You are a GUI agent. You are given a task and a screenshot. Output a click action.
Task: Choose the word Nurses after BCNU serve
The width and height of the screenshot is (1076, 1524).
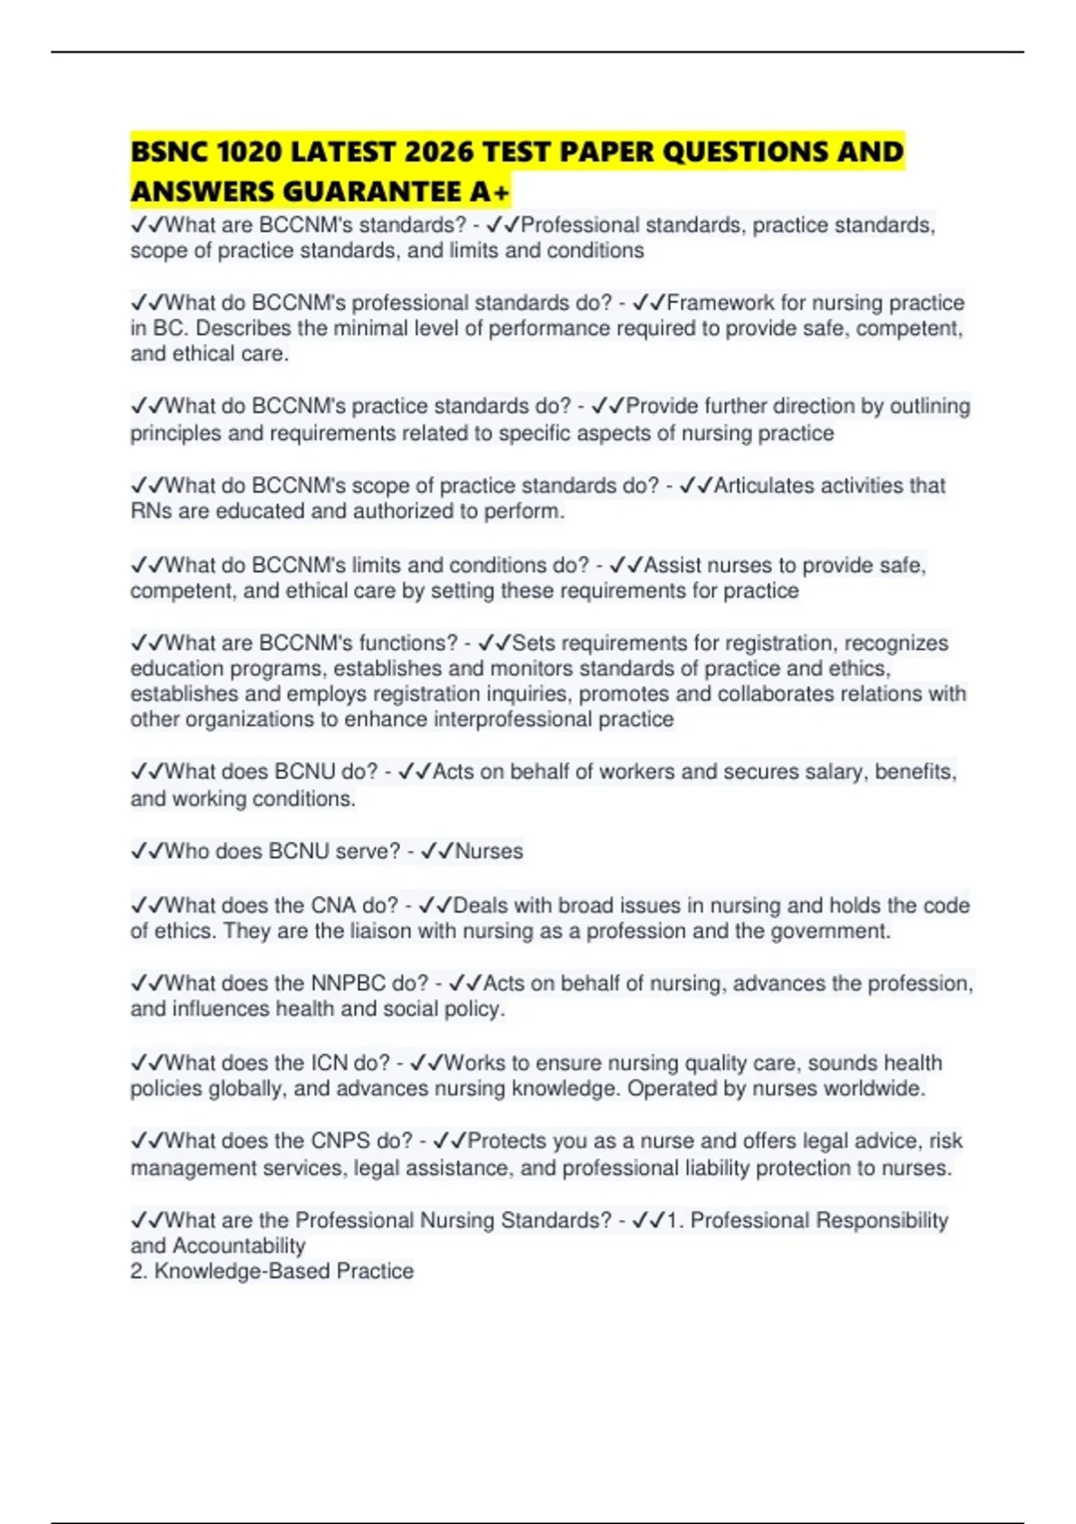[x=489, y=851]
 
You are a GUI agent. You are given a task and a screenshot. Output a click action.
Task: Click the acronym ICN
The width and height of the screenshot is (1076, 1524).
[x=329, y=1062]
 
